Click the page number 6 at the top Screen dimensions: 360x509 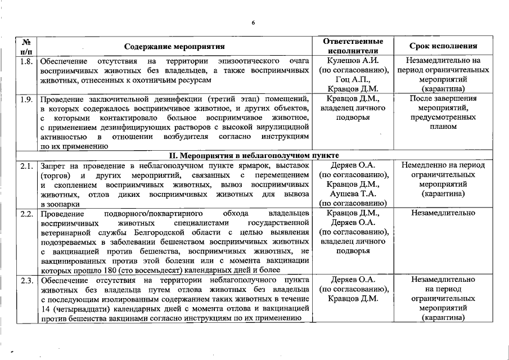(253, 22)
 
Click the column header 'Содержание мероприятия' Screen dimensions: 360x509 (174, 47)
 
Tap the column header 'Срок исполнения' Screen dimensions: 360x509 (443, 47)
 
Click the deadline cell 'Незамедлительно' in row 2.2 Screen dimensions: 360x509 (443, 213)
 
